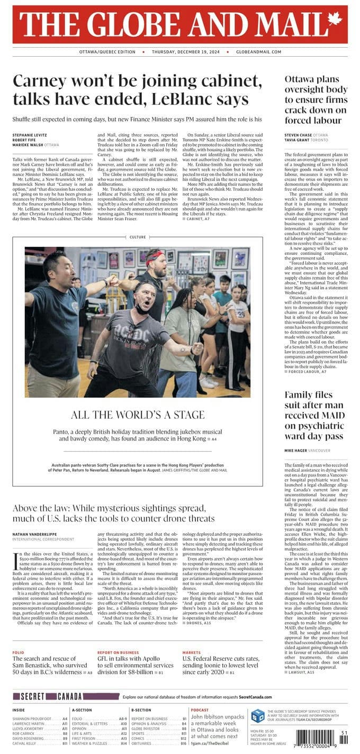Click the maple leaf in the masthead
click(335, 20)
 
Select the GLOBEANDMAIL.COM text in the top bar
click(259, 52)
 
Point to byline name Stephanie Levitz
click(30, 136)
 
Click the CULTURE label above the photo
click(137, 237)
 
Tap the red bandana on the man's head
click(154, 256)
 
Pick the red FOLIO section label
click(19, 652)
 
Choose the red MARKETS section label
click(192, 652)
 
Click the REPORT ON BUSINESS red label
click(118, 652)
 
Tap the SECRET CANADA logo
click(48, 696)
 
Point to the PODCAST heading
click(200, 710)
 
